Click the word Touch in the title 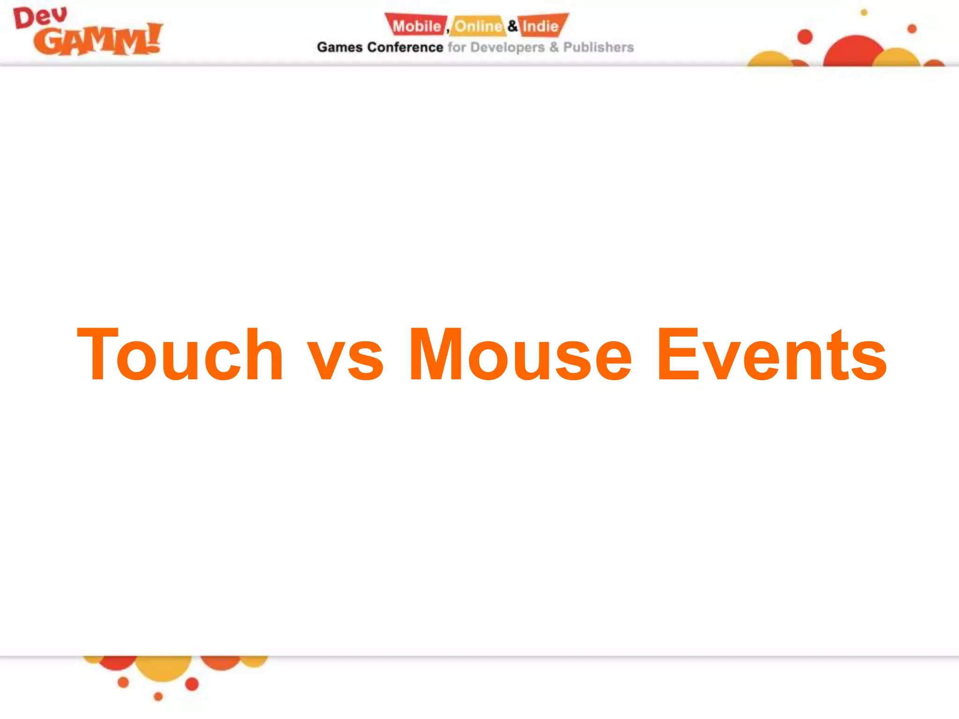tap(180, 354)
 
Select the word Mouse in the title tap(520, 354)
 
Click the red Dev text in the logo tap(40, 18)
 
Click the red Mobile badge tap(416, 26)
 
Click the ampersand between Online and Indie tap(513, 25)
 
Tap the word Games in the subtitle tap(339, 47)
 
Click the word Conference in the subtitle tap(405, 47)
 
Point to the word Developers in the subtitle tap(507, 47)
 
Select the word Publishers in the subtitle tap(598, 47)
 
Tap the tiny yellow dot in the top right tap(864, 13)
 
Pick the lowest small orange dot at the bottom tap(158, 697)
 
